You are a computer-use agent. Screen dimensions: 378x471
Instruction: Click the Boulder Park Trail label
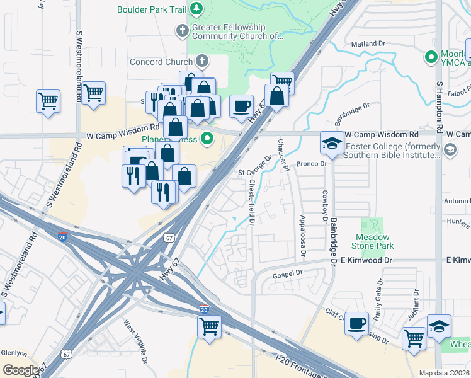(152, 9)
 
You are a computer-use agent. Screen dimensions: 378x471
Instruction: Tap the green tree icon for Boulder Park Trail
(197, 8)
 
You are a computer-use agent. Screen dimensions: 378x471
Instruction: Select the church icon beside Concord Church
(201, 61)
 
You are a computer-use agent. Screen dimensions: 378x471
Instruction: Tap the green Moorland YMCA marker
(431, 57)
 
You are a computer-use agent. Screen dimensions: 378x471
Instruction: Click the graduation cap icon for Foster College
(332, 142)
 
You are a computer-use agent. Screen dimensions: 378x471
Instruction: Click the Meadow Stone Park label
(374, 241)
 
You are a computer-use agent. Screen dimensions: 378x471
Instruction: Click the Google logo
(21, 370)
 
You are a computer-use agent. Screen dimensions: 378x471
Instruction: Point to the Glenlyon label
(12, 352)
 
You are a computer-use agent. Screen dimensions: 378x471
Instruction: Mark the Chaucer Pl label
(282, 155)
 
